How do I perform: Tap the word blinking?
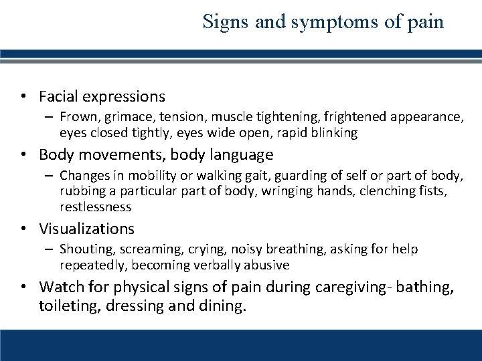(331, 133)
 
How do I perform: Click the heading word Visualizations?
(87, 229)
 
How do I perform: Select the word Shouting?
(83, 249)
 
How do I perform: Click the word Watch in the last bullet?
(59, 287)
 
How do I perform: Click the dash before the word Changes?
(50, 176)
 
